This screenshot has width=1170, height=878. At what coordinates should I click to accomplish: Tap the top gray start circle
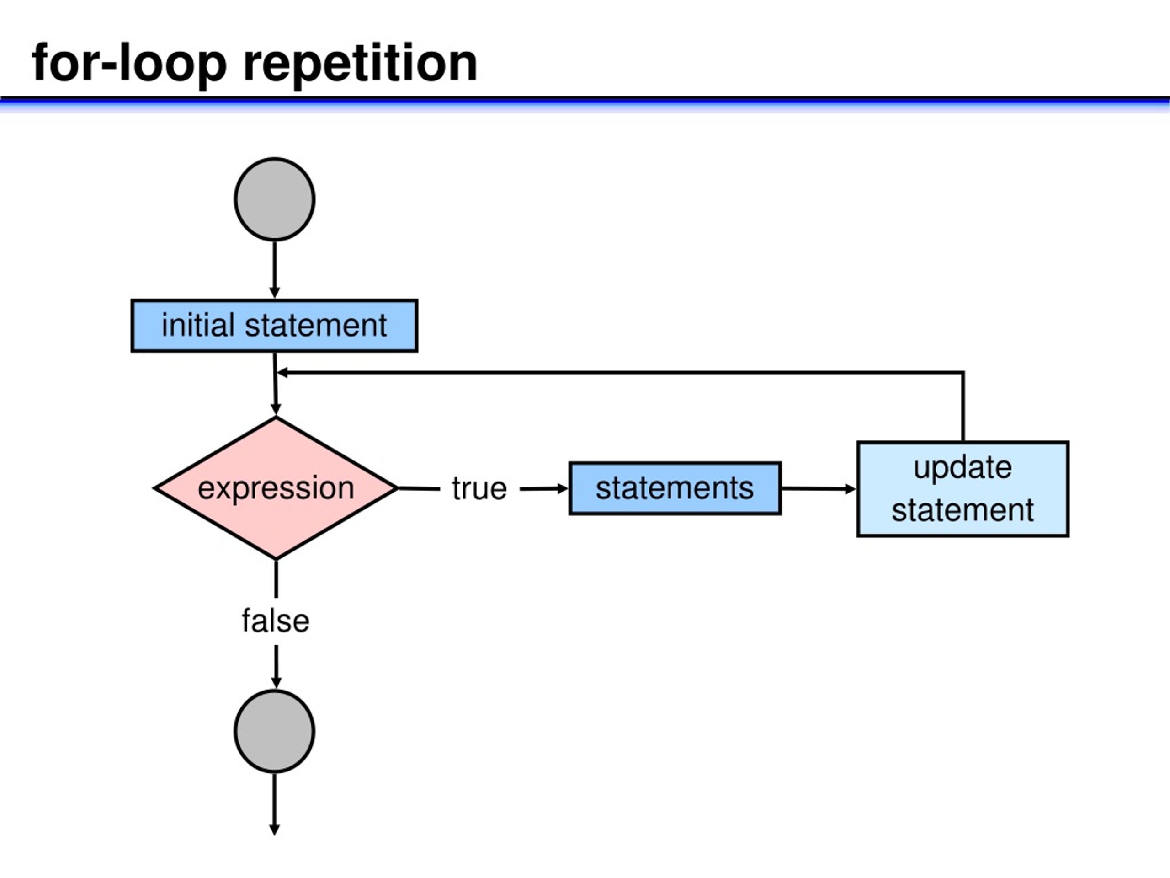click(275, 199)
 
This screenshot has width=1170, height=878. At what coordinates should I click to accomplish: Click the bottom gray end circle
click(275, 731)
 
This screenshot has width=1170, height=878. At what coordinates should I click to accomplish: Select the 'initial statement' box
click(275, 326)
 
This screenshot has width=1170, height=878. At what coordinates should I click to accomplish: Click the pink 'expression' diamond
click(276, 488)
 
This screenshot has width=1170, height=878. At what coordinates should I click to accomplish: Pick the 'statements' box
click(675, 488)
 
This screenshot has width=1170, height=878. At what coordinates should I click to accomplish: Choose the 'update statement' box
click(963, 489)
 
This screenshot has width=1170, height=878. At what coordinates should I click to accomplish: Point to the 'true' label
click(479, 488)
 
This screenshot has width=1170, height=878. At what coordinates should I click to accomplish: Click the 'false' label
click(276, 621)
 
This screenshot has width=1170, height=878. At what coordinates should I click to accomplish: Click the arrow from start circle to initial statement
click(275, 270)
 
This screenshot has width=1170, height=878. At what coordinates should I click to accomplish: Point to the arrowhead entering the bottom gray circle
click(276, 683)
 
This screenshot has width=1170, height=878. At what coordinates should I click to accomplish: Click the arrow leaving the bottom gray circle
click(275, 804)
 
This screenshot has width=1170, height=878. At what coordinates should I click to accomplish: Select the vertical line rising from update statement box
click(963, 407)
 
